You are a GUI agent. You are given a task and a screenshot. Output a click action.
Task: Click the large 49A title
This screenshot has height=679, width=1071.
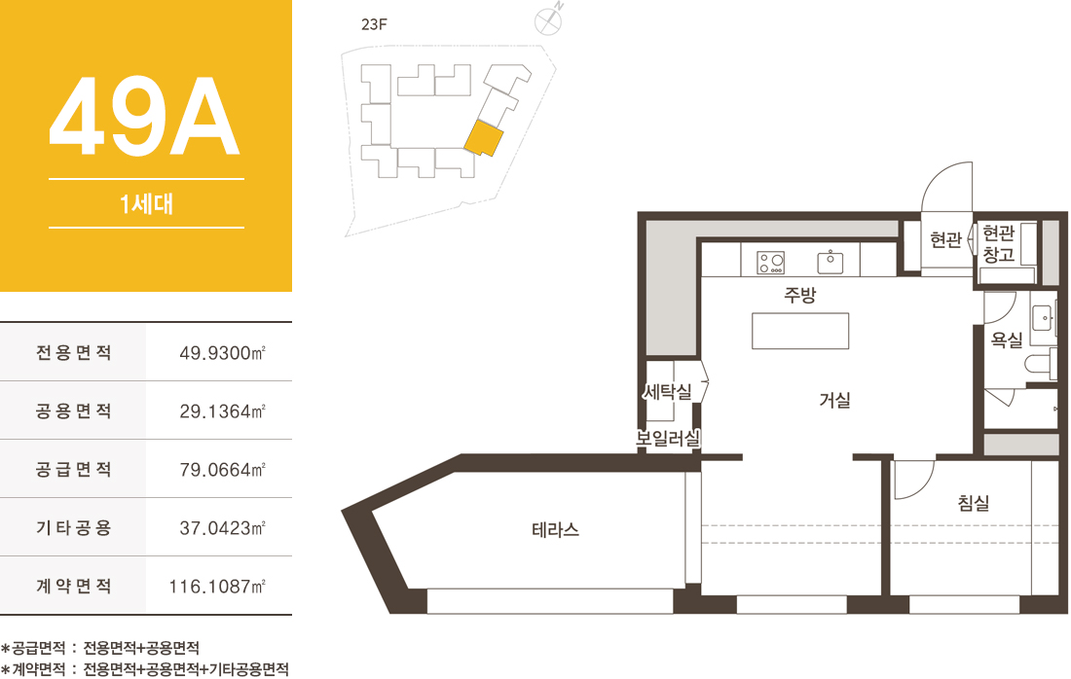[x=144, y=116]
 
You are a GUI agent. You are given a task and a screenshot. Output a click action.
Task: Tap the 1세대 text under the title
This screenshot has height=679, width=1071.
[x=146, y=203]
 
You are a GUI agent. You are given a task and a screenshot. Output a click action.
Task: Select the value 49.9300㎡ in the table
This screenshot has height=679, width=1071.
[x=222, y=353]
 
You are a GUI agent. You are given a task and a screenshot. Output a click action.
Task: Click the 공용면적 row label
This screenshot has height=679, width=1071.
[x=74, y=411]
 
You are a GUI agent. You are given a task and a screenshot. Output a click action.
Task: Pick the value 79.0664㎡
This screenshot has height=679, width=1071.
[x=222, y=470]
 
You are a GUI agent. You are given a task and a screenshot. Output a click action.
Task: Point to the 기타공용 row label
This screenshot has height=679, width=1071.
[x=74, y=527]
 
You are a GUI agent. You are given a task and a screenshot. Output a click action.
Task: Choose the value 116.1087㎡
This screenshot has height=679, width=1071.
[x=217, y=587]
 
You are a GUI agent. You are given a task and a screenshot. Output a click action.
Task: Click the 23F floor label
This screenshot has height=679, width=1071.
[x=374, y=24]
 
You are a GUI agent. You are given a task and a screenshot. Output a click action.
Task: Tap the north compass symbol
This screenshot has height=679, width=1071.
[x=548, y=20]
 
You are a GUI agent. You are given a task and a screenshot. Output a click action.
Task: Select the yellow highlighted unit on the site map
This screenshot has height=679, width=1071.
[x=484, y=138]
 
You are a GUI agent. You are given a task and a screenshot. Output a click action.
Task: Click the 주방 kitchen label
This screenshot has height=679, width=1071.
[x=799, y=295]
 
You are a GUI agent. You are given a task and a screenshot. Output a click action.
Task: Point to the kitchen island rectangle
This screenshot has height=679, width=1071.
[x=800, y=331]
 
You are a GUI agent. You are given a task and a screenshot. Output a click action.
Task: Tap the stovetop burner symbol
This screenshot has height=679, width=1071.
[x=771, y=263]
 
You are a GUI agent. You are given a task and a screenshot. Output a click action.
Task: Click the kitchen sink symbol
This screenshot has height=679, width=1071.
[x=830, y=263]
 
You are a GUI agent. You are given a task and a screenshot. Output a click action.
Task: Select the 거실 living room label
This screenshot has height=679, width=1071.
[x=834, y=400]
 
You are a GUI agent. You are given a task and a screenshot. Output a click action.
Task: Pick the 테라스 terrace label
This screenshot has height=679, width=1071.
[x=555, y=529]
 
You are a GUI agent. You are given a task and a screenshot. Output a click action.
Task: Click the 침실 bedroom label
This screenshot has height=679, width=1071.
[x=974, y=503]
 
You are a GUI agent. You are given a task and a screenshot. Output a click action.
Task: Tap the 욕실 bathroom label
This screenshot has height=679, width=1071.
[x=1007, y=339]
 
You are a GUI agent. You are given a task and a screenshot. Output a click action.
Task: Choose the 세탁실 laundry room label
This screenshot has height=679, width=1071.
[x=667, y=392]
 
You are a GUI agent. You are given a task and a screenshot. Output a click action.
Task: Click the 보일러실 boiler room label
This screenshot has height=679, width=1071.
[x=668, y=438]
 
